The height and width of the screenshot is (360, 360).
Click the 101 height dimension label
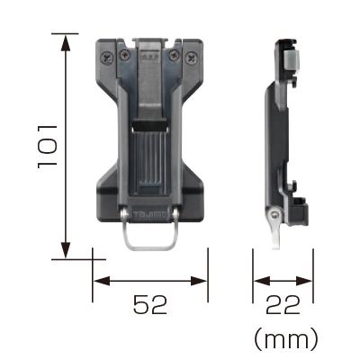[x=48, y=147]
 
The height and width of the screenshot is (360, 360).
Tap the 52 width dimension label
[x=150, y=304]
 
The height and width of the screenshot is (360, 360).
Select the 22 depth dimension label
[x=283, y=304]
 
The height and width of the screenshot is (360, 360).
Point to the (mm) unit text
[x=285, y=338]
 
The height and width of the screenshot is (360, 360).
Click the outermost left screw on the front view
[x=107, y=58]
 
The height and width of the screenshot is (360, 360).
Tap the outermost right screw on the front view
[x=192, y=58]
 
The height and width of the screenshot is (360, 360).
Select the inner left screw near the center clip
[x=125, y=55]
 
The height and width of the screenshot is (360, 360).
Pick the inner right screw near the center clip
[x=174, y=55]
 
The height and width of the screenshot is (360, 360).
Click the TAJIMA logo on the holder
[x=149, y=215]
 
